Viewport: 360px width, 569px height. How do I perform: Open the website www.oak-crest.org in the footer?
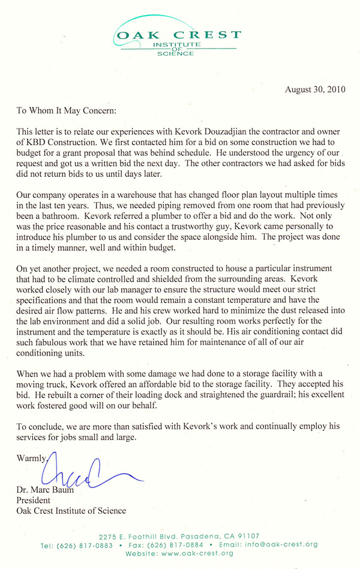pyautogui.click(x=197, y=553)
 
